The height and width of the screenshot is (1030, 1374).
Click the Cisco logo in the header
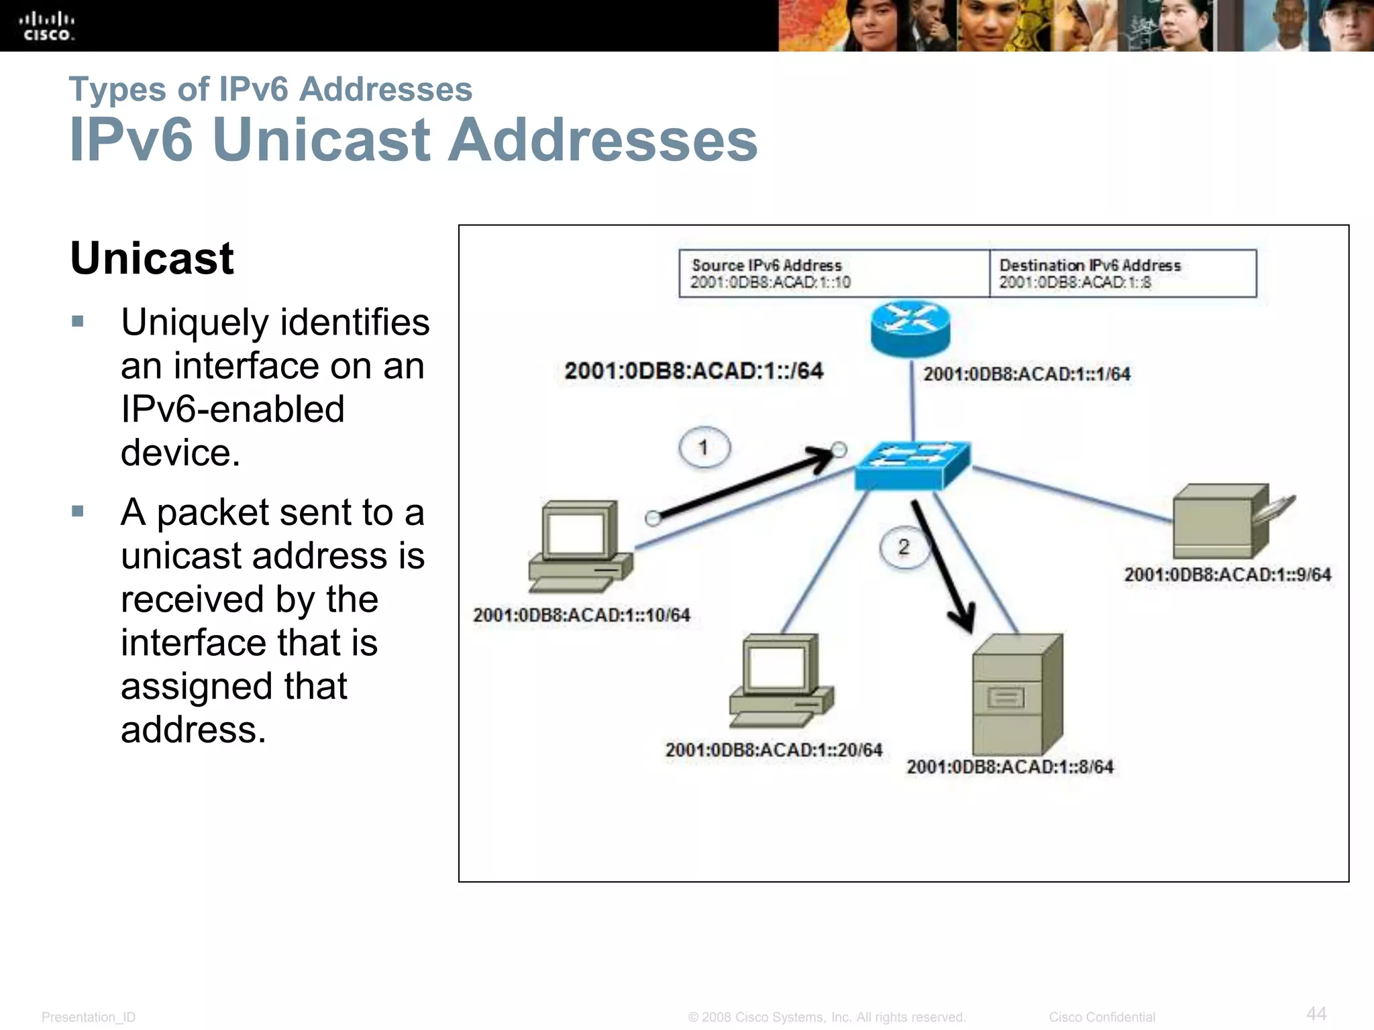click(x=47, y=26)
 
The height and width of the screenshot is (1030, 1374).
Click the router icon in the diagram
click(x=910, y=328)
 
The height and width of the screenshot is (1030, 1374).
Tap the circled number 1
click(x=704, y=447)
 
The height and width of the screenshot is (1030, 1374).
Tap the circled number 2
click(x=904, y=547)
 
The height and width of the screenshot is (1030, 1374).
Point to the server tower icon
click(x=1016, y=694)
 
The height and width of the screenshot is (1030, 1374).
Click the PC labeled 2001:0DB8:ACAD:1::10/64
click(x=580, y=546)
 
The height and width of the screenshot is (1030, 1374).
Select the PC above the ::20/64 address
click(x=781, y=681)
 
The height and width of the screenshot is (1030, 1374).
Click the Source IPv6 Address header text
click(x=766, y=266)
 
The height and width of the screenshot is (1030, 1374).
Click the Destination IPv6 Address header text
click(x=1090, y=266)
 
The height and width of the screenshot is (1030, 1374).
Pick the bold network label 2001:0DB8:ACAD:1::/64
click(x=693, y=371)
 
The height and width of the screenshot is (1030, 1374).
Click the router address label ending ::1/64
click(x=1026, y=374)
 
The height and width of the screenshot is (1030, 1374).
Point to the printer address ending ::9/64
click(x=1227, y=575)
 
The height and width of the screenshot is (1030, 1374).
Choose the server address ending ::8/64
click(x=1010, y=766)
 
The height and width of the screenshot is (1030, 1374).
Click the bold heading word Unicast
click(x=152, y=258)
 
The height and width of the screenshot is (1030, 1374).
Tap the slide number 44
click(x=1316, y=1013)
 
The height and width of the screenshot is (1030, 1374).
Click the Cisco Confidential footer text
click(x=1102, y=1017)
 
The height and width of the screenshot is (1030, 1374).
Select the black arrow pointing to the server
click(x=943, y=567)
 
